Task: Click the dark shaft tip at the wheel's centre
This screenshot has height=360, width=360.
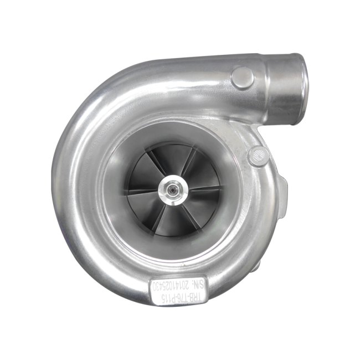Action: click(176, 189)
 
